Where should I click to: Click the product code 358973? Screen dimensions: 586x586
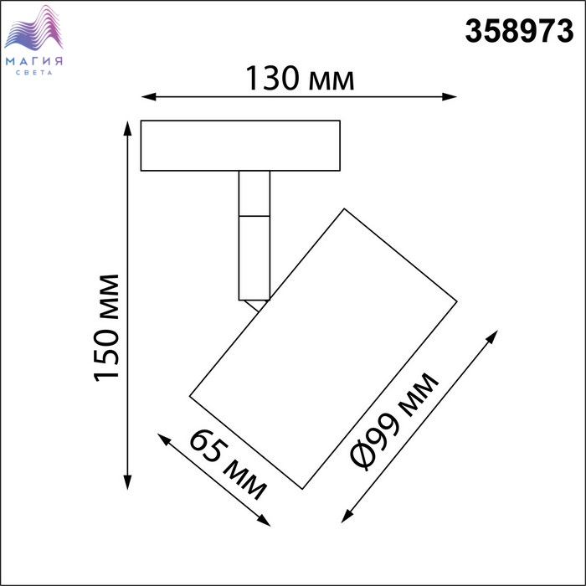pyautogui.click(x=519, y=31)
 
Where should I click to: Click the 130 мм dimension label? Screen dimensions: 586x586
pyautogui.click(x=300, y=79)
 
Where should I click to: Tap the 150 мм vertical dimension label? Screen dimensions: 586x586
pyautogui.click(x=107, y=327)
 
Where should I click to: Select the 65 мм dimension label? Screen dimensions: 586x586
pyautogui.click(x=229, y=465)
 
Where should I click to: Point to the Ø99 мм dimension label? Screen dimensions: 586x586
pyautogui.click(x=394, y=421)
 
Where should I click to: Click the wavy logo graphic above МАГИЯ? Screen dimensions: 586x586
pyautogui.click(x=33, y=28)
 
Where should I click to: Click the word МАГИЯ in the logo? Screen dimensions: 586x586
pyautogui.click(x=34, y=61)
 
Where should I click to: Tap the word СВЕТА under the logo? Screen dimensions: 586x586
pyautogui.click(x=34, y=73)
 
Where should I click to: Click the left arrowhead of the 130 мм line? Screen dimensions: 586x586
pyautogui.click(x=148, y=97)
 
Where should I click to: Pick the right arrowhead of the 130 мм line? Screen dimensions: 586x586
pyautogui.click(x=450, y=97)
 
